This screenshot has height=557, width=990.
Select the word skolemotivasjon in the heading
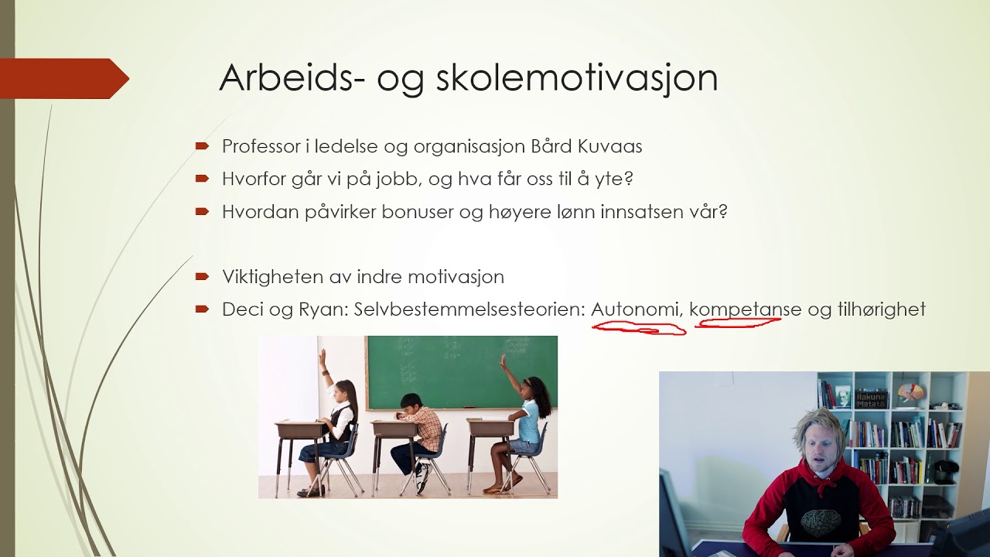pos(577,79)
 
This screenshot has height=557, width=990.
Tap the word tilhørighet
pos(881,310)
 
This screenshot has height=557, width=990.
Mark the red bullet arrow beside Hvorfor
pos(203,179)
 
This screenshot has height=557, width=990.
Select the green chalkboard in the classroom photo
pos(461,372)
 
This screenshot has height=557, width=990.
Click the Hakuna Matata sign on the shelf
pos(872,398)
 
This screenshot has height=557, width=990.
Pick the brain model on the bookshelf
pos(910,391)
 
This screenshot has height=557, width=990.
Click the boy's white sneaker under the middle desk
pos(422,479)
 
